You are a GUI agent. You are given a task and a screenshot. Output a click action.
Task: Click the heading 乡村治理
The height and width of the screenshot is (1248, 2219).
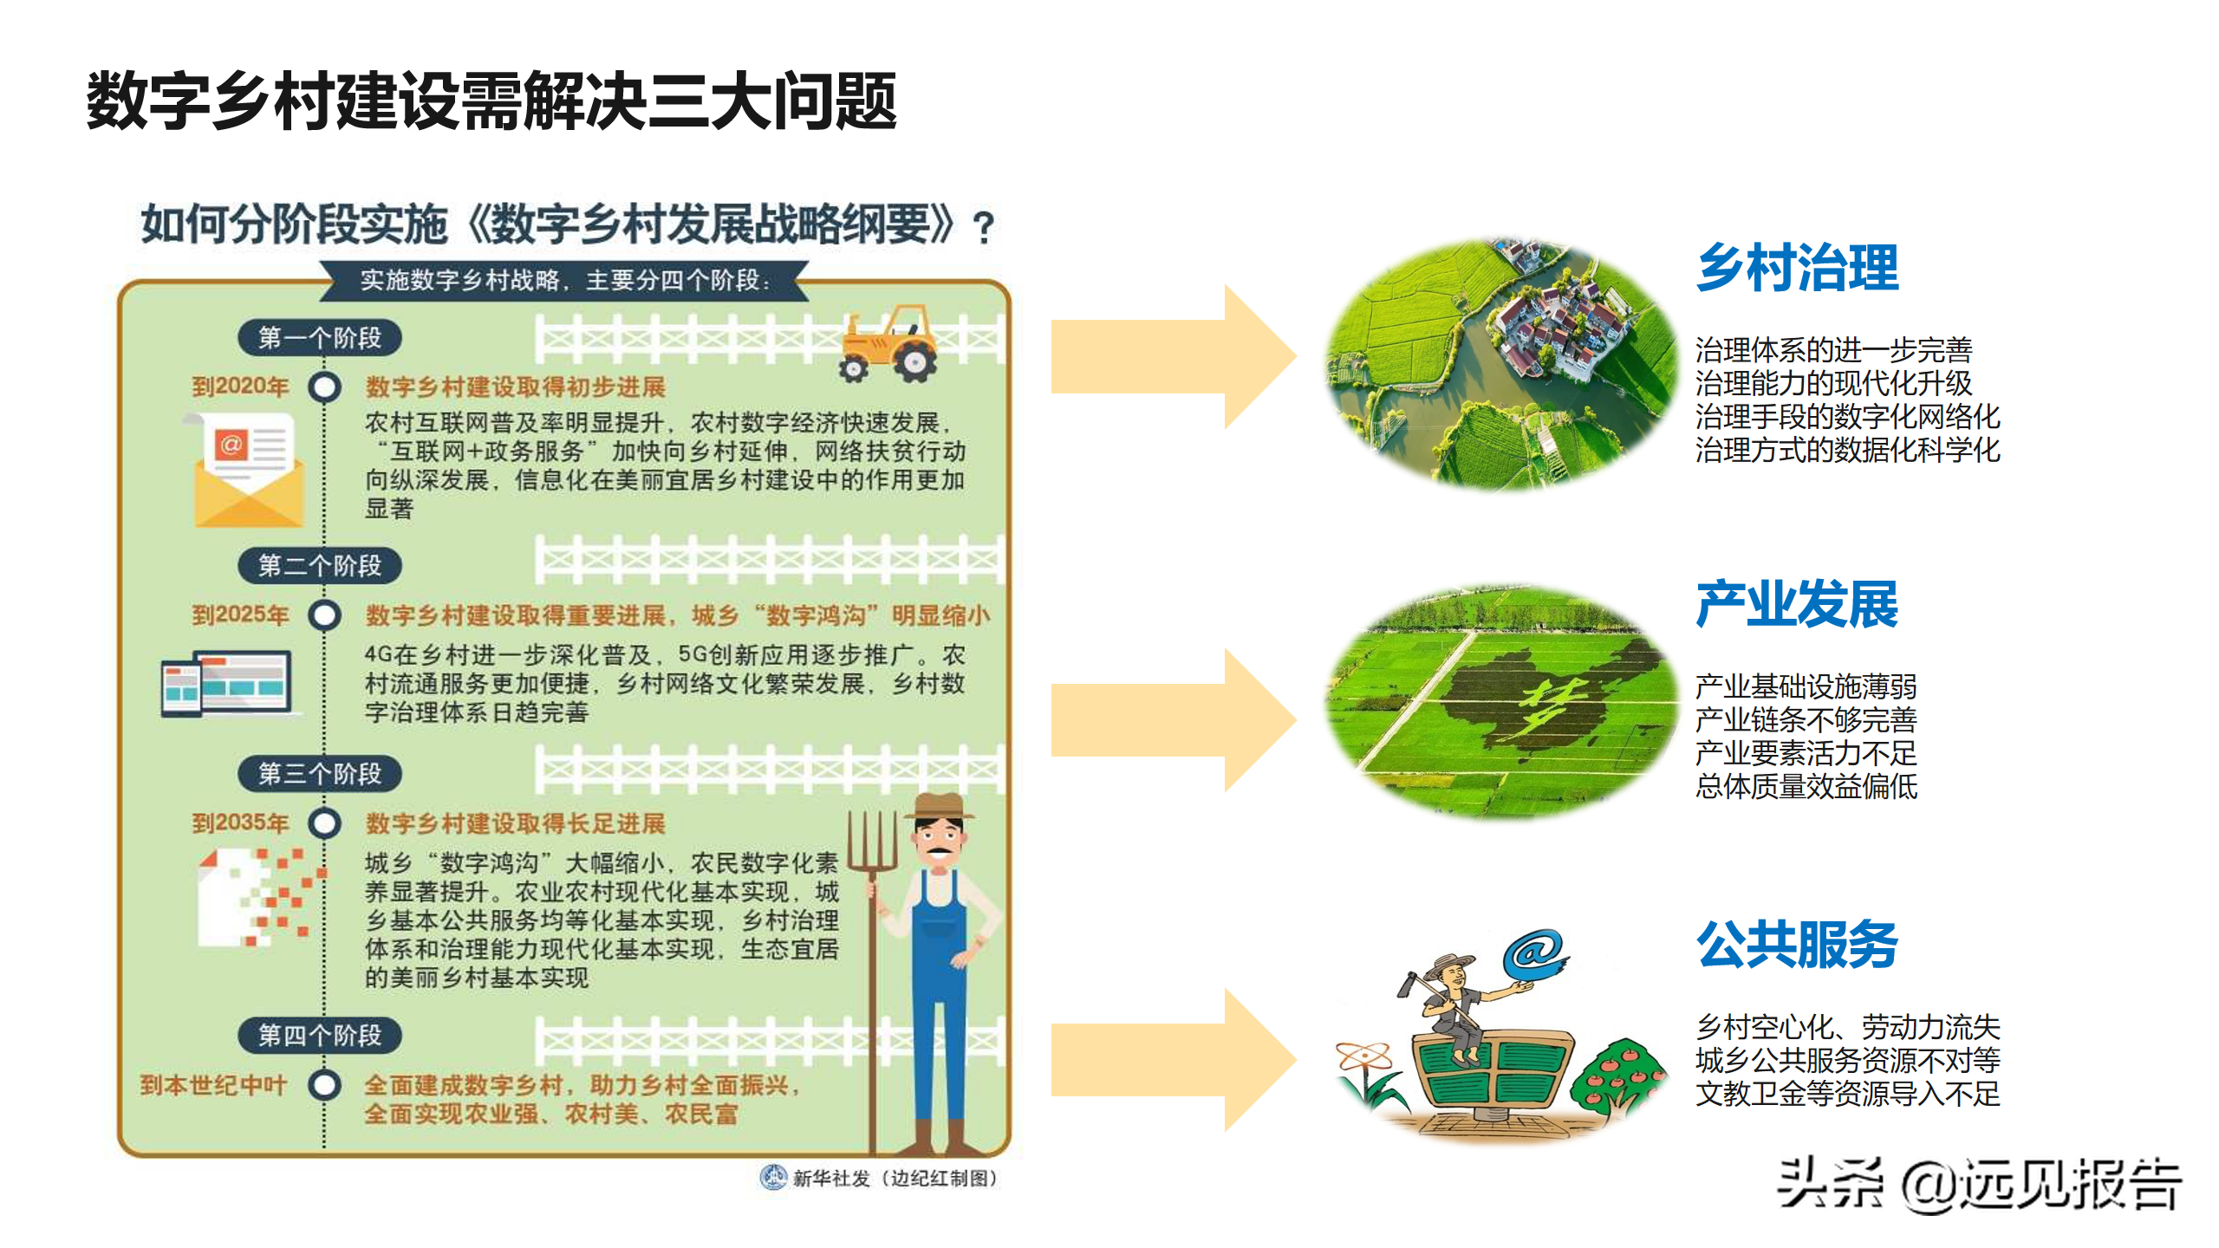coord(1797,268)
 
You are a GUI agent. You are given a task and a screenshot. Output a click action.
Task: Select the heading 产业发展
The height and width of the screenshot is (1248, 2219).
coord(1797,604)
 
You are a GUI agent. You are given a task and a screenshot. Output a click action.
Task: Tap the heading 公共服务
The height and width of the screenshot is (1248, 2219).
coord(1797,944)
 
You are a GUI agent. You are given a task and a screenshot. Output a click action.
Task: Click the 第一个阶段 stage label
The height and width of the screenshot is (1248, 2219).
coord(320,337)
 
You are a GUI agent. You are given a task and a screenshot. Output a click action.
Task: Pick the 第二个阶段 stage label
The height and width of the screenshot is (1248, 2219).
coord(320,566)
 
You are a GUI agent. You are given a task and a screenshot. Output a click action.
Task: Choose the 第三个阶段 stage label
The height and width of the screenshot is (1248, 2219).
coord(320,773)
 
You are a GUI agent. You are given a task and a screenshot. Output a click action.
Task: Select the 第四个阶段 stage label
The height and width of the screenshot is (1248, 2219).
coord(320,1035)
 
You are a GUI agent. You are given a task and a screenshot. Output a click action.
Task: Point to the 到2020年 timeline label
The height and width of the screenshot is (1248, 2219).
coord(240,387)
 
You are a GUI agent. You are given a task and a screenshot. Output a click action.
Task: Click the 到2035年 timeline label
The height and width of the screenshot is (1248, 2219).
coord(240,822)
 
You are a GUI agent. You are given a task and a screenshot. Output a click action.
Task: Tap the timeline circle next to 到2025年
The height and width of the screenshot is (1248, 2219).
coord(325,615)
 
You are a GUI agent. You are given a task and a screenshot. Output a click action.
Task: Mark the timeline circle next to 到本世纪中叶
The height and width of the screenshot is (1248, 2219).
coord(325,1085)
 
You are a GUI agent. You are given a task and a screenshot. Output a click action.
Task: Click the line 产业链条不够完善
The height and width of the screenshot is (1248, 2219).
coord(1806,719)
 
